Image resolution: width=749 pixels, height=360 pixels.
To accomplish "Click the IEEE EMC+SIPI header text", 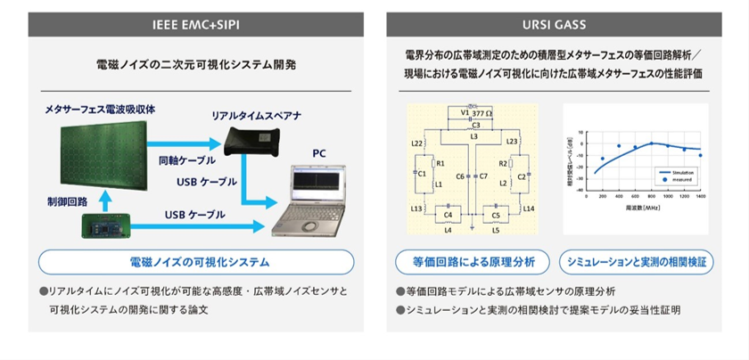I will pos(195,25).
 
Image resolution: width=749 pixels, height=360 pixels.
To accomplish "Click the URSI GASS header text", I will pos(553,25).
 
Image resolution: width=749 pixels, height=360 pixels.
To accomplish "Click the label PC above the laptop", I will pos(319,153).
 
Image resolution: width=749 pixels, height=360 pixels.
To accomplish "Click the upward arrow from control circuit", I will pos(106,196).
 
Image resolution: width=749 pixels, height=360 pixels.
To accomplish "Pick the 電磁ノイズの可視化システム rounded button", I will pos(195,263).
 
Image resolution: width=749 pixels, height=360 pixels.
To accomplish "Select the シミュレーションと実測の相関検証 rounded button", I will pos(636,263).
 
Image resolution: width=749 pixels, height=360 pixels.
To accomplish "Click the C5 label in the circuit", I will pos(496,215).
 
